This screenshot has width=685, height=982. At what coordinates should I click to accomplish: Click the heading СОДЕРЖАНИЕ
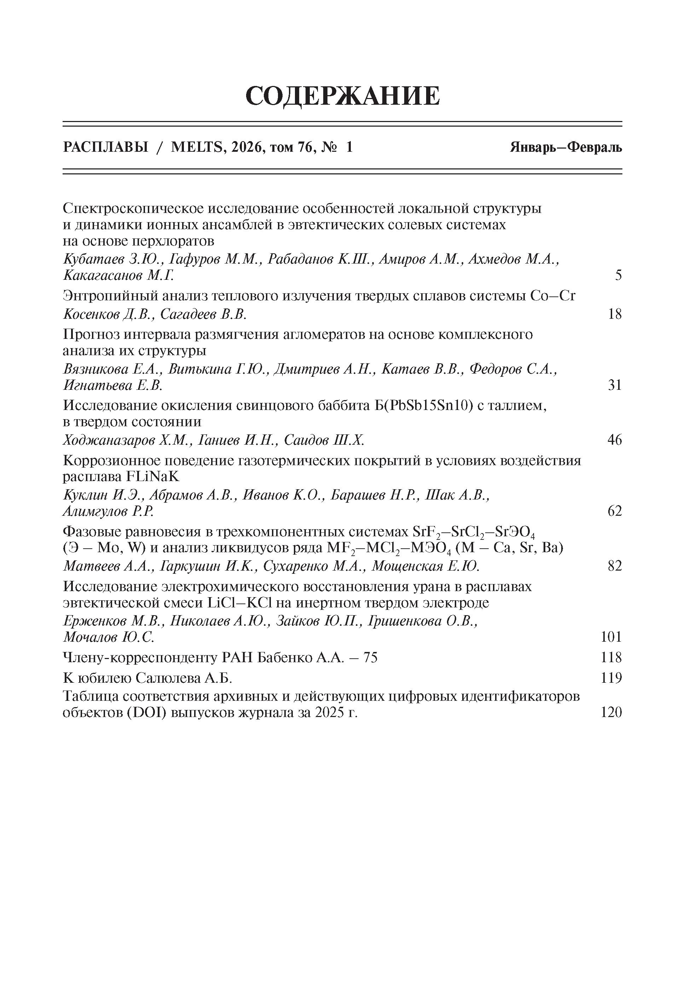(x=342, y=96)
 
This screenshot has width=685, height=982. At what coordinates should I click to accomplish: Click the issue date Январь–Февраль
(x=566, y=148)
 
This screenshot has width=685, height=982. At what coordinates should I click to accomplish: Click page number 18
(x=614, y=315)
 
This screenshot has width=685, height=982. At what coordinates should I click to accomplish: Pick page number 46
(x=614, y=440)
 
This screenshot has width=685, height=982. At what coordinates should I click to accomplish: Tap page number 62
(x=614, y=511)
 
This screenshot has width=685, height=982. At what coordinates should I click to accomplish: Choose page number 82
(x=614, y=566)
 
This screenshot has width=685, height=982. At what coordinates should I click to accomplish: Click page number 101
(x=611, y=637)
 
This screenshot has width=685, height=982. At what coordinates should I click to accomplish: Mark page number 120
(x=611, y=712)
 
